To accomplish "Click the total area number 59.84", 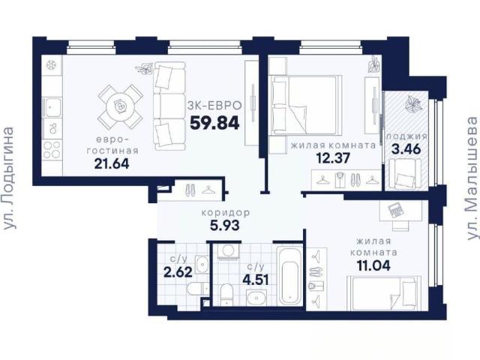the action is (x=214, y=123).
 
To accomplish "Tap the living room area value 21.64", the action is (x=112, y=163).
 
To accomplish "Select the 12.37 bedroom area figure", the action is (x=333, y=158).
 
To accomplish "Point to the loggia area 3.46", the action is (x=406, y=149).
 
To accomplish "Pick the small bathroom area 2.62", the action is (x=178, y=271).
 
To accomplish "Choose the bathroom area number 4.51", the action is (x=256, y=280).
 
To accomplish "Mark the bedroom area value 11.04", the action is (x=373, y=265).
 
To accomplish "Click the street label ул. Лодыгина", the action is (x=8, y=178).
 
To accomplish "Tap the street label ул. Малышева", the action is (x=473, y=178).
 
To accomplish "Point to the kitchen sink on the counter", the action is (x=52, y=107).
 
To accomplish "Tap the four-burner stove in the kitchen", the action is (x=52, y=150).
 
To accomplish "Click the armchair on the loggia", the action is (x=406, y=175).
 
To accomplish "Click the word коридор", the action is (x=226, y=212).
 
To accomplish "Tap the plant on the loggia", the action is (x=413, y=103).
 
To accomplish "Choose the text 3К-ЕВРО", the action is (x=214, y=106).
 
